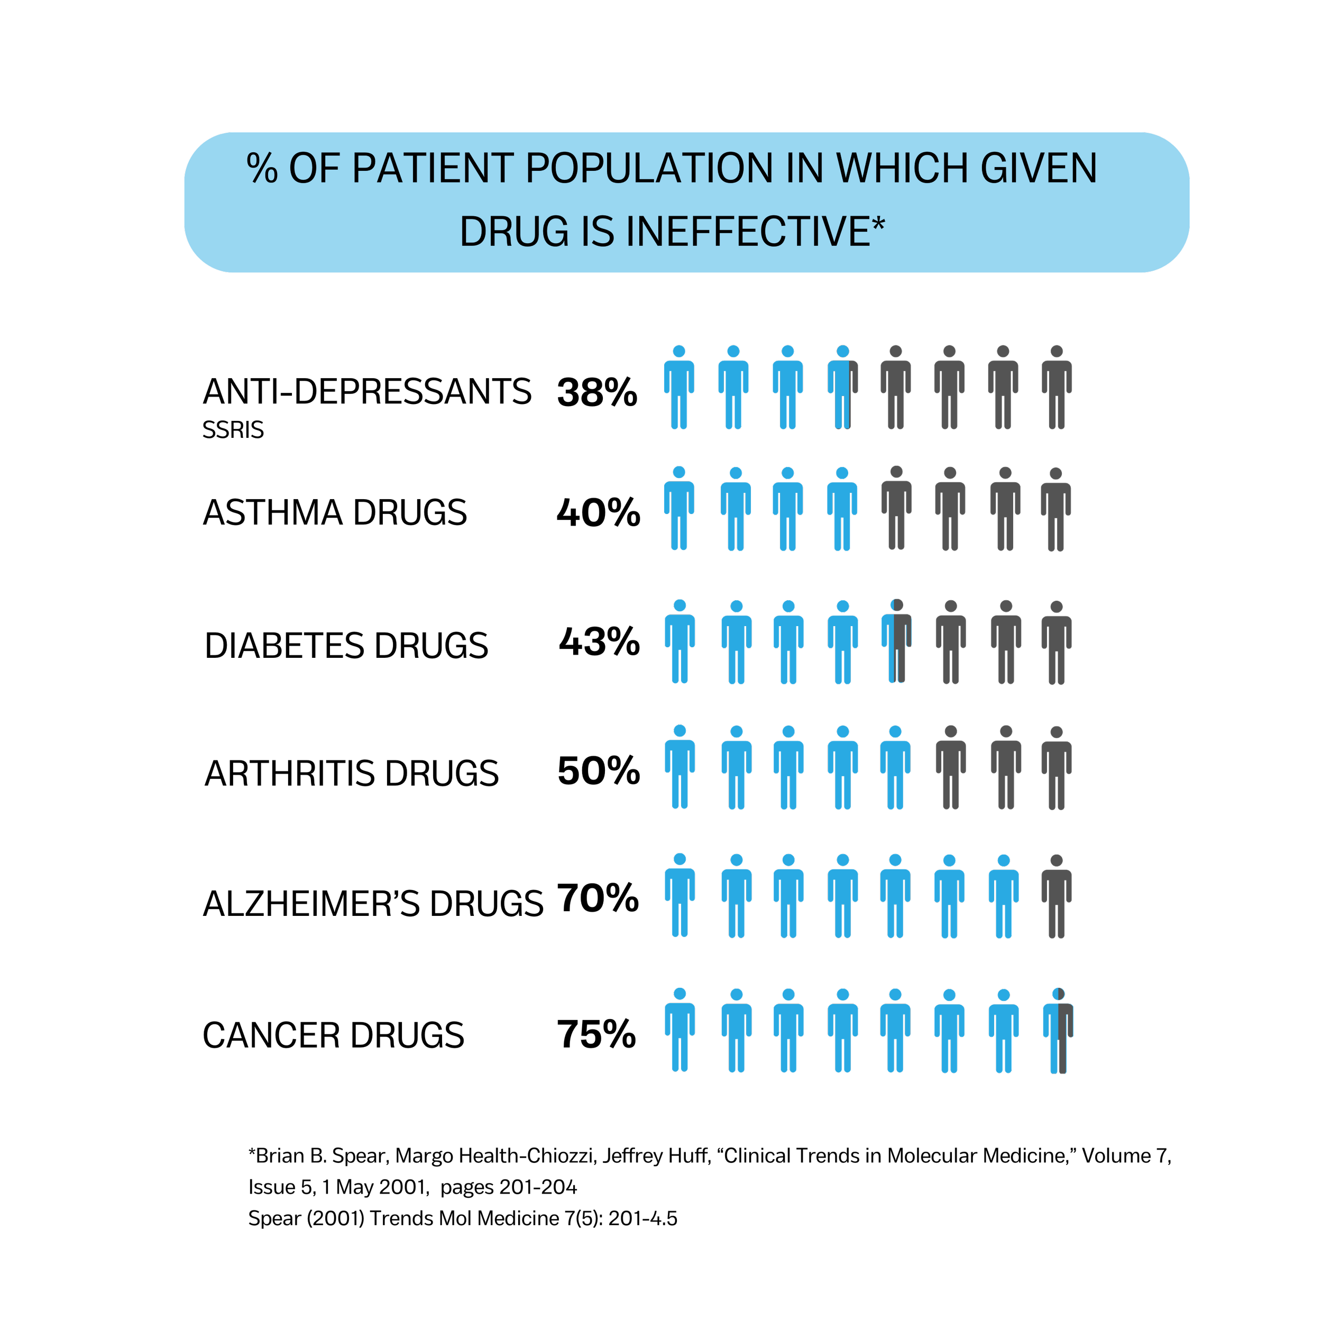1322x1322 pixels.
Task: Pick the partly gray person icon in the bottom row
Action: point(1058,1031)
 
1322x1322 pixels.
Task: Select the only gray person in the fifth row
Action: point(1057,896)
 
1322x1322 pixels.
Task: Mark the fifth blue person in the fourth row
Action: point(895,767)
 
